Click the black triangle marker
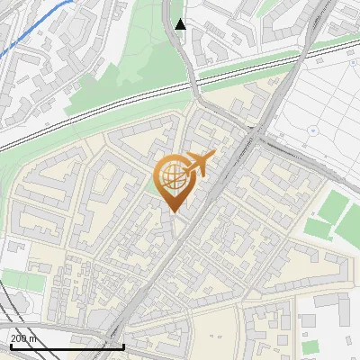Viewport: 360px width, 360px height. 180,24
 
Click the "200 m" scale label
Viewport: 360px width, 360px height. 24,337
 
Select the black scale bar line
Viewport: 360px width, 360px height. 67,346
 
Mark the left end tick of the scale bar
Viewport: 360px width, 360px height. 11,344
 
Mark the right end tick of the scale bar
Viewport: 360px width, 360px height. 123,344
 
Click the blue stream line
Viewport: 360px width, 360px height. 36,23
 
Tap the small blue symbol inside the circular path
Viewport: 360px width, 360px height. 313,130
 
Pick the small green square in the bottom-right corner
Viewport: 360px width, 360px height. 310,346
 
